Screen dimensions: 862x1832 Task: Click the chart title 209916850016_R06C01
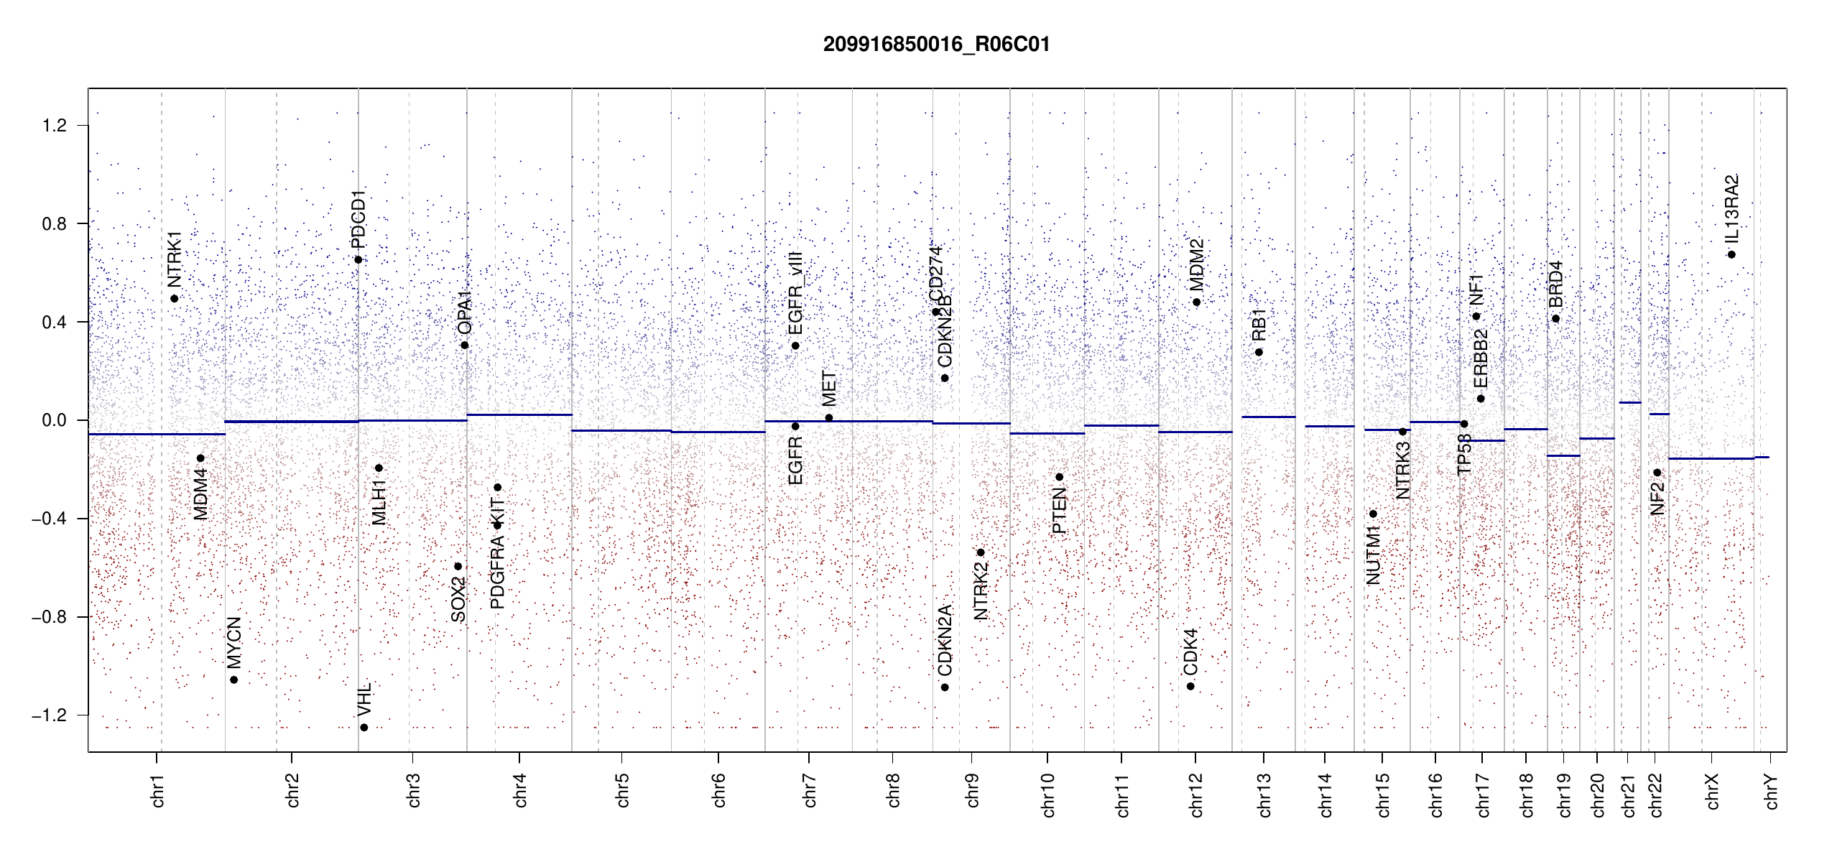point(936,45)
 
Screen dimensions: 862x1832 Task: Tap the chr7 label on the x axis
point(810,790)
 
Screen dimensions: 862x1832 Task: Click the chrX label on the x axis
point(1712,791)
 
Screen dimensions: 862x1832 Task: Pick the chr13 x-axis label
point(1264,794)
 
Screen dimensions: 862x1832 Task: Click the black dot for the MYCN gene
point(233,680)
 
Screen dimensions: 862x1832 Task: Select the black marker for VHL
point(364,728)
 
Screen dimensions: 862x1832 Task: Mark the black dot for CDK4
point(1190,687)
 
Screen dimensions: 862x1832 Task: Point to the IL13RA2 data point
point(1731,255)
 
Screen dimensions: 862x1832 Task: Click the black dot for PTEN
point(1059,477)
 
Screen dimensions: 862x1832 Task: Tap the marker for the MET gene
point(829,418)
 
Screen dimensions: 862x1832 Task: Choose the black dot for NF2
point(1657,473)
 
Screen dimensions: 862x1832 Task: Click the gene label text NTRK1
point(175,259)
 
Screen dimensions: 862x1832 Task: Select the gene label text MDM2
point(1196,264)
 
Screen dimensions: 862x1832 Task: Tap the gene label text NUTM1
point(1374,555)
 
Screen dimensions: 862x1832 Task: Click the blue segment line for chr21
point(1630,403)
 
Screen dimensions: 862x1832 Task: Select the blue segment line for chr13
point(1268,417)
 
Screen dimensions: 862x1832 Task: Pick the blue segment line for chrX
point(1711,458)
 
